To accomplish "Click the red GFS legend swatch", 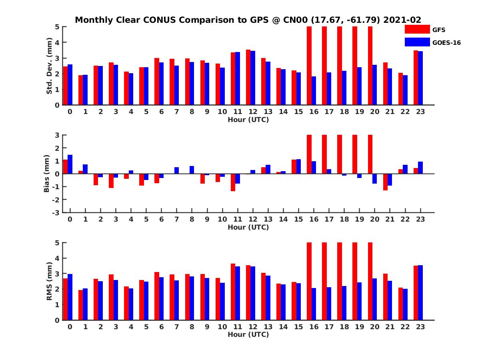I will point(417,29).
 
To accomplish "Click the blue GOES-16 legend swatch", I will point(417,42).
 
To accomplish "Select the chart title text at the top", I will point(248,20).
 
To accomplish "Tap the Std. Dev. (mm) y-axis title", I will point(49,66).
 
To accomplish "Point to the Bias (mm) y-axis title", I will point(46,174).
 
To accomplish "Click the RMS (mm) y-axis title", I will point(49,281).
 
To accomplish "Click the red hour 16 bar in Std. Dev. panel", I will point(309,66).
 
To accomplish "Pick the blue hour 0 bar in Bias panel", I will point(70,164).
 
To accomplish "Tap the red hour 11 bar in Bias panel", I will point(233,182).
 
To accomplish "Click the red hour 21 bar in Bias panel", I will point(385,182).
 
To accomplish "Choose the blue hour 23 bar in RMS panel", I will point(420,292).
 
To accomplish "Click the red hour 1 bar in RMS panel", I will point(80,305).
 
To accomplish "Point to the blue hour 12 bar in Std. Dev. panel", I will point(253,78).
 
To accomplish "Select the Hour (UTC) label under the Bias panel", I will point(248,227).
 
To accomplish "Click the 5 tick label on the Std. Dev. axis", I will point(58,27).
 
